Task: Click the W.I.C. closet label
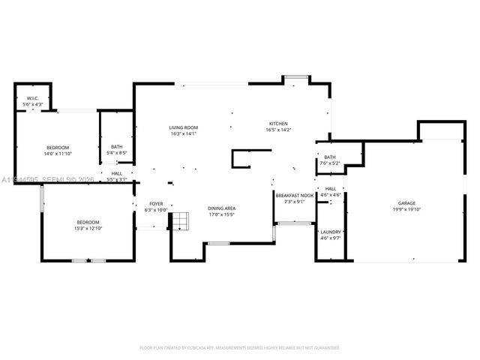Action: click(x=33, y=98)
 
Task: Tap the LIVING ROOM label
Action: click(x=183, y=127)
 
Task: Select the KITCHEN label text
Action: click(x=277, y=124)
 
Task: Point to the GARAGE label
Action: click(x=407, y=203)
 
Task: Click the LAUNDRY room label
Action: click(x=331, y=232)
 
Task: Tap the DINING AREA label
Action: click(x=221, y=208)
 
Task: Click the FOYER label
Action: click(x=156, y=203)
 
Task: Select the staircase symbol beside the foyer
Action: click(x=180, y=222)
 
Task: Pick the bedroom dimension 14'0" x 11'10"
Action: click(x=58, y=154)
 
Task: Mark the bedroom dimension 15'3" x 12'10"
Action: click(x=88, y=228)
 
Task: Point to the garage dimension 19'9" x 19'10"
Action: click(x=407, y=210)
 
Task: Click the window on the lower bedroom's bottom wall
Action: click(x=88, y=260)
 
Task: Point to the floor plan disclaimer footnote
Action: click(x=240, y=348)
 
